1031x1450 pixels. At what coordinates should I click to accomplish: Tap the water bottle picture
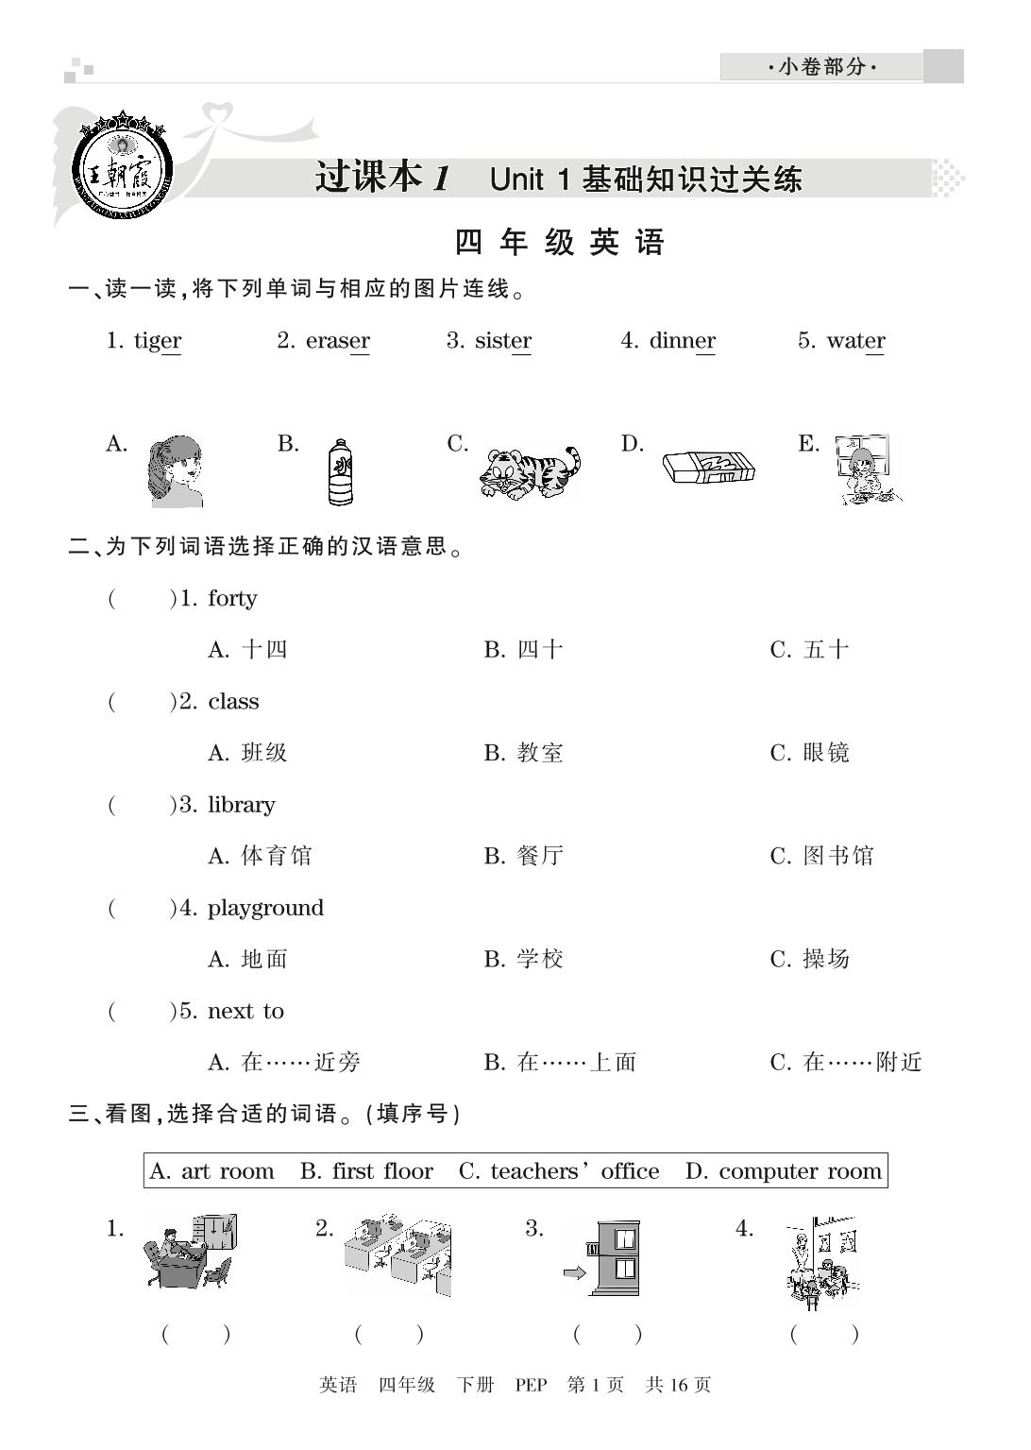click(x=340, y=471)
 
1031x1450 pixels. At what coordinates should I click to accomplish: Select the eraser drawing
click(x=708, y=467)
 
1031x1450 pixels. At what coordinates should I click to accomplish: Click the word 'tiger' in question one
click(x=157, y=341)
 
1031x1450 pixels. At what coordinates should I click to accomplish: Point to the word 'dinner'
click(x=682, y=341)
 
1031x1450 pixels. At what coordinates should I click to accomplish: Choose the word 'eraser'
click(x=337, y=341)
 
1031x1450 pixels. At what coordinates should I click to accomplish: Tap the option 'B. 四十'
click(x=524, y=650)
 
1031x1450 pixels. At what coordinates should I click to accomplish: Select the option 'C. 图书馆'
click(x=822, y=857)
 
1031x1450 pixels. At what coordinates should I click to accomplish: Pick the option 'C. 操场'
click(x=810, y=960)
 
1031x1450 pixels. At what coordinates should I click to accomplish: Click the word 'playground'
click(x=265, y=909)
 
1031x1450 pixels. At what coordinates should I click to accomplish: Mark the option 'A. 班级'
click(x=247, y=754)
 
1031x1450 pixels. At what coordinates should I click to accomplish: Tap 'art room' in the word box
click(x=227, y=1172)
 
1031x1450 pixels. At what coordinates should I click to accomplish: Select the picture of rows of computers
click(x=397, y=1257)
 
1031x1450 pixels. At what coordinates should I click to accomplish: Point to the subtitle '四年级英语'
click(x=560, y=243)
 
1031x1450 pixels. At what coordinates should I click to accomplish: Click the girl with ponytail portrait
click(x=175, y=471)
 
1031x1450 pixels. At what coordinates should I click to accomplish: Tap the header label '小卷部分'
click(x=821, y=67)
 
